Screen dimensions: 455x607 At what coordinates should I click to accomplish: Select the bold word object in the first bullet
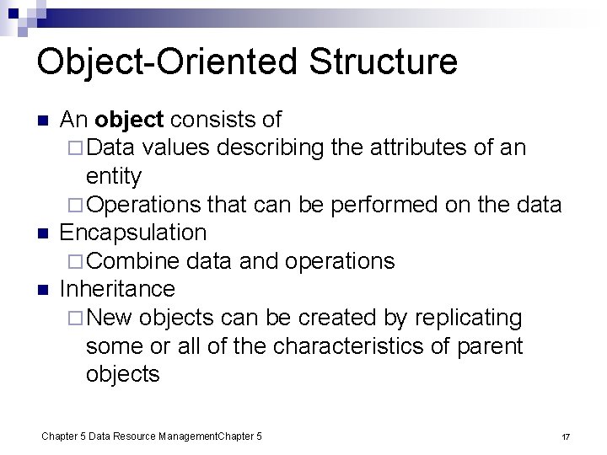coord(125,120)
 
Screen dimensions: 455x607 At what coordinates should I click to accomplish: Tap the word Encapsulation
coord(133,233)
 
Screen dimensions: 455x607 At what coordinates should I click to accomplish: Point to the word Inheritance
coord(117,289)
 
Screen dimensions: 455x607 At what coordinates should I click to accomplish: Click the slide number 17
coord(566,436)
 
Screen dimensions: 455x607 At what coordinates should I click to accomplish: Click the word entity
coord(114,176)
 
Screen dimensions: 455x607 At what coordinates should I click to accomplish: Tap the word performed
coord(395,205)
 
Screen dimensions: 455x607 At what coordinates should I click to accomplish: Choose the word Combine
coord(132,261)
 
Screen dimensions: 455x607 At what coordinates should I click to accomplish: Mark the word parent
coord(490,346)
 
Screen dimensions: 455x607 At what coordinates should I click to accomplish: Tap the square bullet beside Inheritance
coord(45,290)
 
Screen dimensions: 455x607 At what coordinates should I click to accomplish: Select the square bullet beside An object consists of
coord(45,120)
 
